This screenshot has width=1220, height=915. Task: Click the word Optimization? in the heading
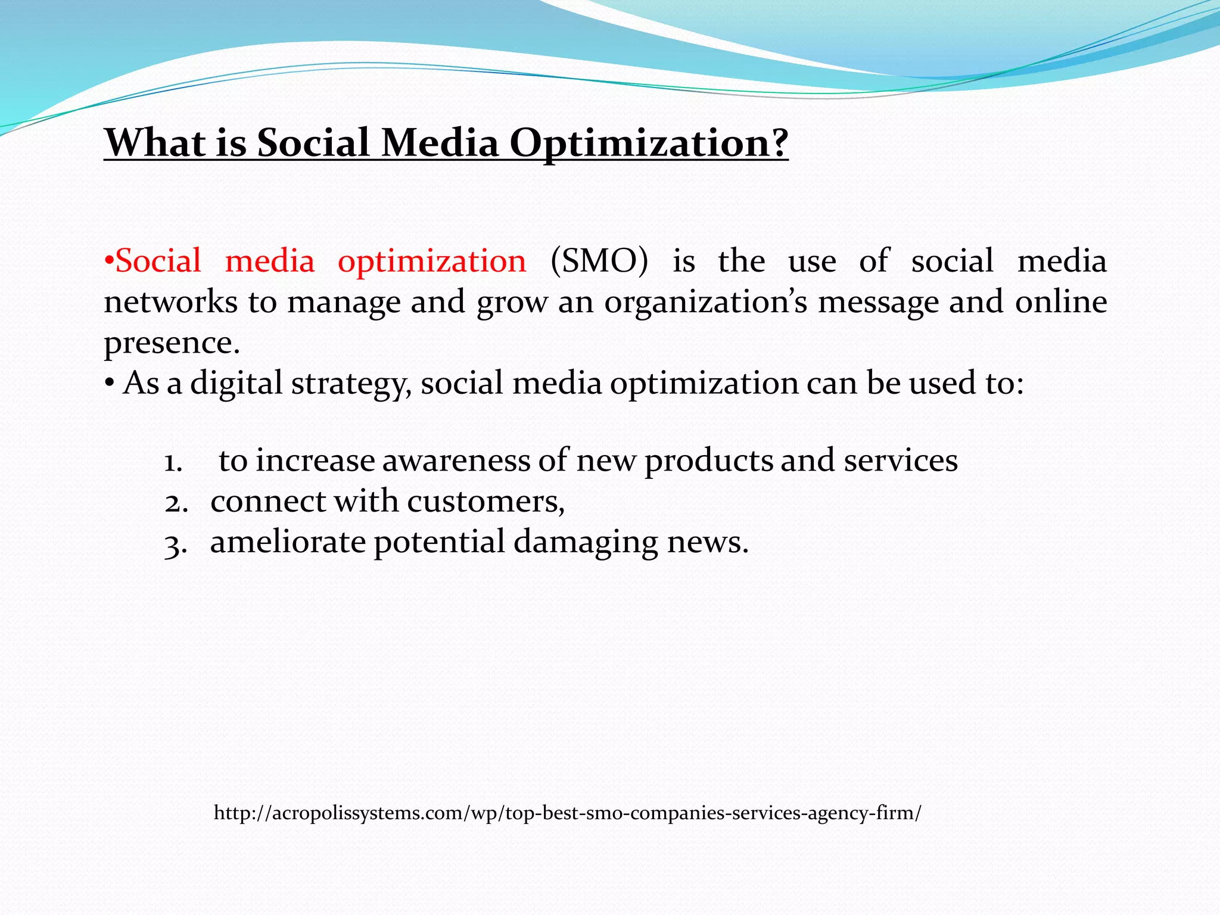(x=649, y=144)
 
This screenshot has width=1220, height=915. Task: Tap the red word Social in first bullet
(x=158, y=262)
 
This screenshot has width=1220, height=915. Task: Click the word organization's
(x=706, y=303)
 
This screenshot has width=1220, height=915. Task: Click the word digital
(x=236, y=384)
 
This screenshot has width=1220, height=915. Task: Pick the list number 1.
(x=173, y=462)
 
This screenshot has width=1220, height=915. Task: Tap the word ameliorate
(x=288, y=542)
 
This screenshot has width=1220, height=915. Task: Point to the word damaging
(x=586, y=543)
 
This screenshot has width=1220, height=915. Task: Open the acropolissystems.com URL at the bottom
(x=567, y=813)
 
